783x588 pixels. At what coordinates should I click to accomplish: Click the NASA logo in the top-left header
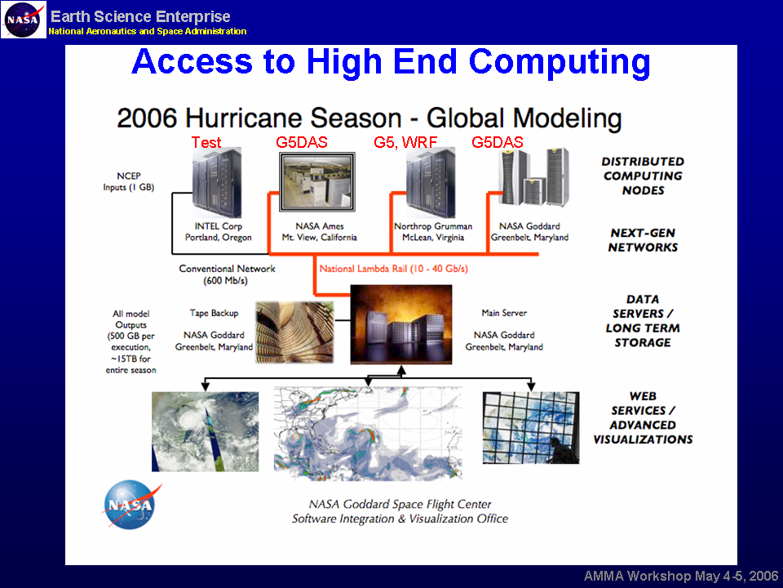pos(24,20)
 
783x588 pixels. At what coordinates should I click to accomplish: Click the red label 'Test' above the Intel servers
pos(206,142)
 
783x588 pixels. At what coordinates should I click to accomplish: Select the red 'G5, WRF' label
pos(405,142)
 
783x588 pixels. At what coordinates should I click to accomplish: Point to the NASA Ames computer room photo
pos(317,182)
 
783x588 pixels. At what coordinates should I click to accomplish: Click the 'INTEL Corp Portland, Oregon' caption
pos(219,232)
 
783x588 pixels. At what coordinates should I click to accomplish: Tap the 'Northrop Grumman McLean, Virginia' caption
pos(433,232)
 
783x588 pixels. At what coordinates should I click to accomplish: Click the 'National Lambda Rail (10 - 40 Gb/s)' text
pos(393,269)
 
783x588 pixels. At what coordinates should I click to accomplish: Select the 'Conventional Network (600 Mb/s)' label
pos(227,274)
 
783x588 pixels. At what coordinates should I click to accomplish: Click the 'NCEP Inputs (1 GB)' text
pos(129,181)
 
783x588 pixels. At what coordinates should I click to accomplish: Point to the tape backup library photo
pos(294,332)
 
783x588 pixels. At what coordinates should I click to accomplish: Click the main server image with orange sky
pos(401,324)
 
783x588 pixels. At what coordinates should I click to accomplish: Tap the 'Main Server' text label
pos(504,313)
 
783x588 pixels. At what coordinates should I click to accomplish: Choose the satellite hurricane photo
pos(206,431)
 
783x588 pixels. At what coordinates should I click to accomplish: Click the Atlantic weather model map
pos(368,434)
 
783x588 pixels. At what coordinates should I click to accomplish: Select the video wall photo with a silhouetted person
pos(531,427)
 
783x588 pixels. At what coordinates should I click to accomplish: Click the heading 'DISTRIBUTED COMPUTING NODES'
pos(643,176)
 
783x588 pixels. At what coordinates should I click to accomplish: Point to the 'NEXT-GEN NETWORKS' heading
pos(643,240)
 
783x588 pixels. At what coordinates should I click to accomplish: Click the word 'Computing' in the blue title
pos(560,62)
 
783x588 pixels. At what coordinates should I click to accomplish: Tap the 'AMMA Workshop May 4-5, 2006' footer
pos(680,576)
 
